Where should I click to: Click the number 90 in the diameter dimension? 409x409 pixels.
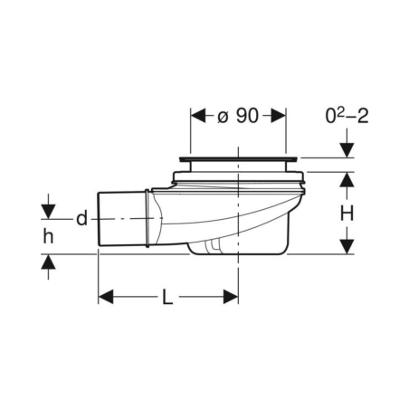248,116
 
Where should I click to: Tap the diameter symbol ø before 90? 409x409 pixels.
224,116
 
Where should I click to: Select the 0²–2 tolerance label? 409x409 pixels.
347,116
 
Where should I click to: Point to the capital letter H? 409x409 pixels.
347,214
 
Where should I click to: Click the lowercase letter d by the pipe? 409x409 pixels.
81,218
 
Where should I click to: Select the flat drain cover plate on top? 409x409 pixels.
238,161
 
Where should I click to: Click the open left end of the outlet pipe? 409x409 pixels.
100,218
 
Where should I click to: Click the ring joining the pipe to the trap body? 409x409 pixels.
146,217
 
